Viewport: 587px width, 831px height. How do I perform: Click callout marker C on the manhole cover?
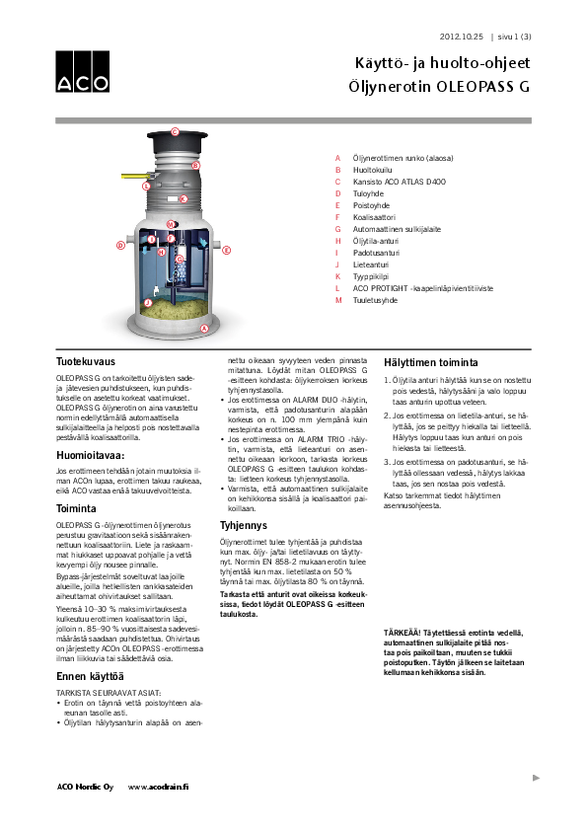point(175,131)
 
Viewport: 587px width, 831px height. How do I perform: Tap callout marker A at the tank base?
point(203,328)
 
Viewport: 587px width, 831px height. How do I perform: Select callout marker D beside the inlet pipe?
point(120,245)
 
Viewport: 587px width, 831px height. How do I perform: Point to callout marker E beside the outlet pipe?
point(227,251)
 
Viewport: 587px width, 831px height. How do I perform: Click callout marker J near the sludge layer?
point(147,303)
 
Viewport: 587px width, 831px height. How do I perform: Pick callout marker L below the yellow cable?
point(146,186)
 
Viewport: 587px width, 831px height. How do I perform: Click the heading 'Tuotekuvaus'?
point(84,362)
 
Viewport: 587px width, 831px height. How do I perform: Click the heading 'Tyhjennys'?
point(243,524)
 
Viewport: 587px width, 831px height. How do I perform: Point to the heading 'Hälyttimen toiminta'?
point(430,362)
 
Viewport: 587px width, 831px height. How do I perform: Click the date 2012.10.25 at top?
point(461,37)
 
